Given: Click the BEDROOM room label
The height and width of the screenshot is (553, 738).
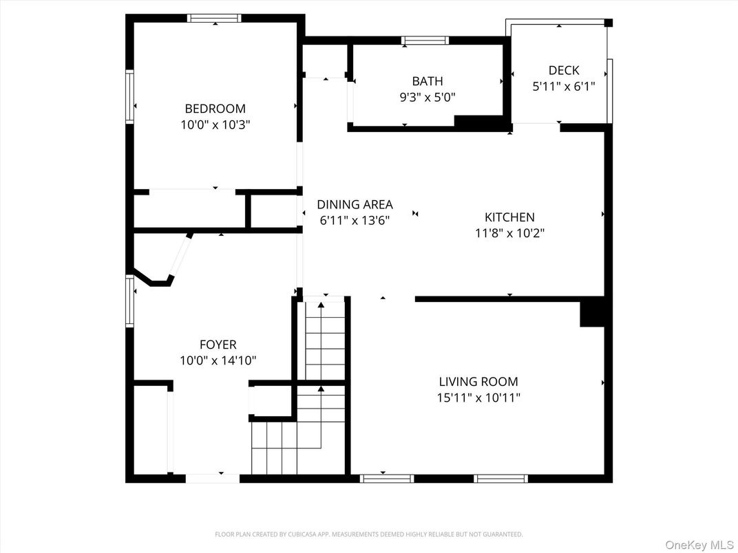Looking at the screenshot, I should (215, 109).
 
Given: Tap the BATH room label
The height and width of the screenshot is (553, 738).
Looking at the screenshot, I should (428, 81).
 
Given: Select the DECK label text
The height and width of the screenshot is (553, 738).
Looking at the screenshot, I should (564, 70).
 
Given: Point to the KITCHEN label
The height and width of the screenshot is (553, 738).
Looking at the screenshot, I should (509, 217).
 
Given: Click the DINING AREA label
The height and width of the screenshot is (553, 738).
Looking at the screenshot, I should (355, 204).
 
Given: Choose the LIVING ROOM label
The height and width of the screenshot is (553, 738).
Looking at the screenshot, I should (478, 382).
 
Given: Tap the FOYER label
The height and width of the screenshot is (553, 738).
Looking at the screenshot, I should (218, 345).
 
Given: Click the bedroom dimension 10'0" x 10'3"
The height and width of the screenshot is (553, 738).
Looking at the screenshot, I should (215, 125).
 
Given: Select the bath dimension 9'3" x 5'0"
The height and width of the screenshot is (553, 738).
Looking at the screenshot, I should (428, 98).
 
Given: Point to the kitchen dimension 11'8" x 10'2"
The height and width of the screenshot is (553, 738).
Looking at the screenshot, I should (509, 233).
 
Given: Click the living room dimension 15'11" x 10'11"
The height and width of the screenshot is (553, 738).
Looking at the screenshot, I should (478, 398).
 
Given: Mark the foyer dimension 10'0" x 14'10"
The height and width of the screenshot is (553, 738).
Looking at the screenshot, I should (218, 360).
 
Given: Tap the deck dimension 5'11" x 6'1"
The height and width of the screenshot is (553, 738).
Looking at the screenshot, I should (564, 87).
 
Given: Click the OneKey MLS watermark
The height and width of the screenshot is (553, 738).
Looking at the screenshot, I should (699, 545).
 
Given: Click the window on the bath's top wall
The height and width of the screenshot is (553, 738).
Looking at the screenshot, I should (425, 41).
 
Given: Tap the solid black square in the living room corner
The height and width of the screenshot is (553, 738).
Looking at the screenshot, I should (591, 313).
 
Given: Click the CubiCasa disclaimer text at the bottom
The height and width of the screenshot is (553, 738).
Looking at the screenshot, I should (368, 534).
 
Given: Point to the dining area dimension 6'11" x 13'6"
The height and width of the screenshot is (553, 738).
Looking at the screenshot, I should (355, 221).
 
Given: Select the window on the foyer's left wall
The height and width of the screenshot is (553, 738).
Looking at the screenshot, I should (129, 301).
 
